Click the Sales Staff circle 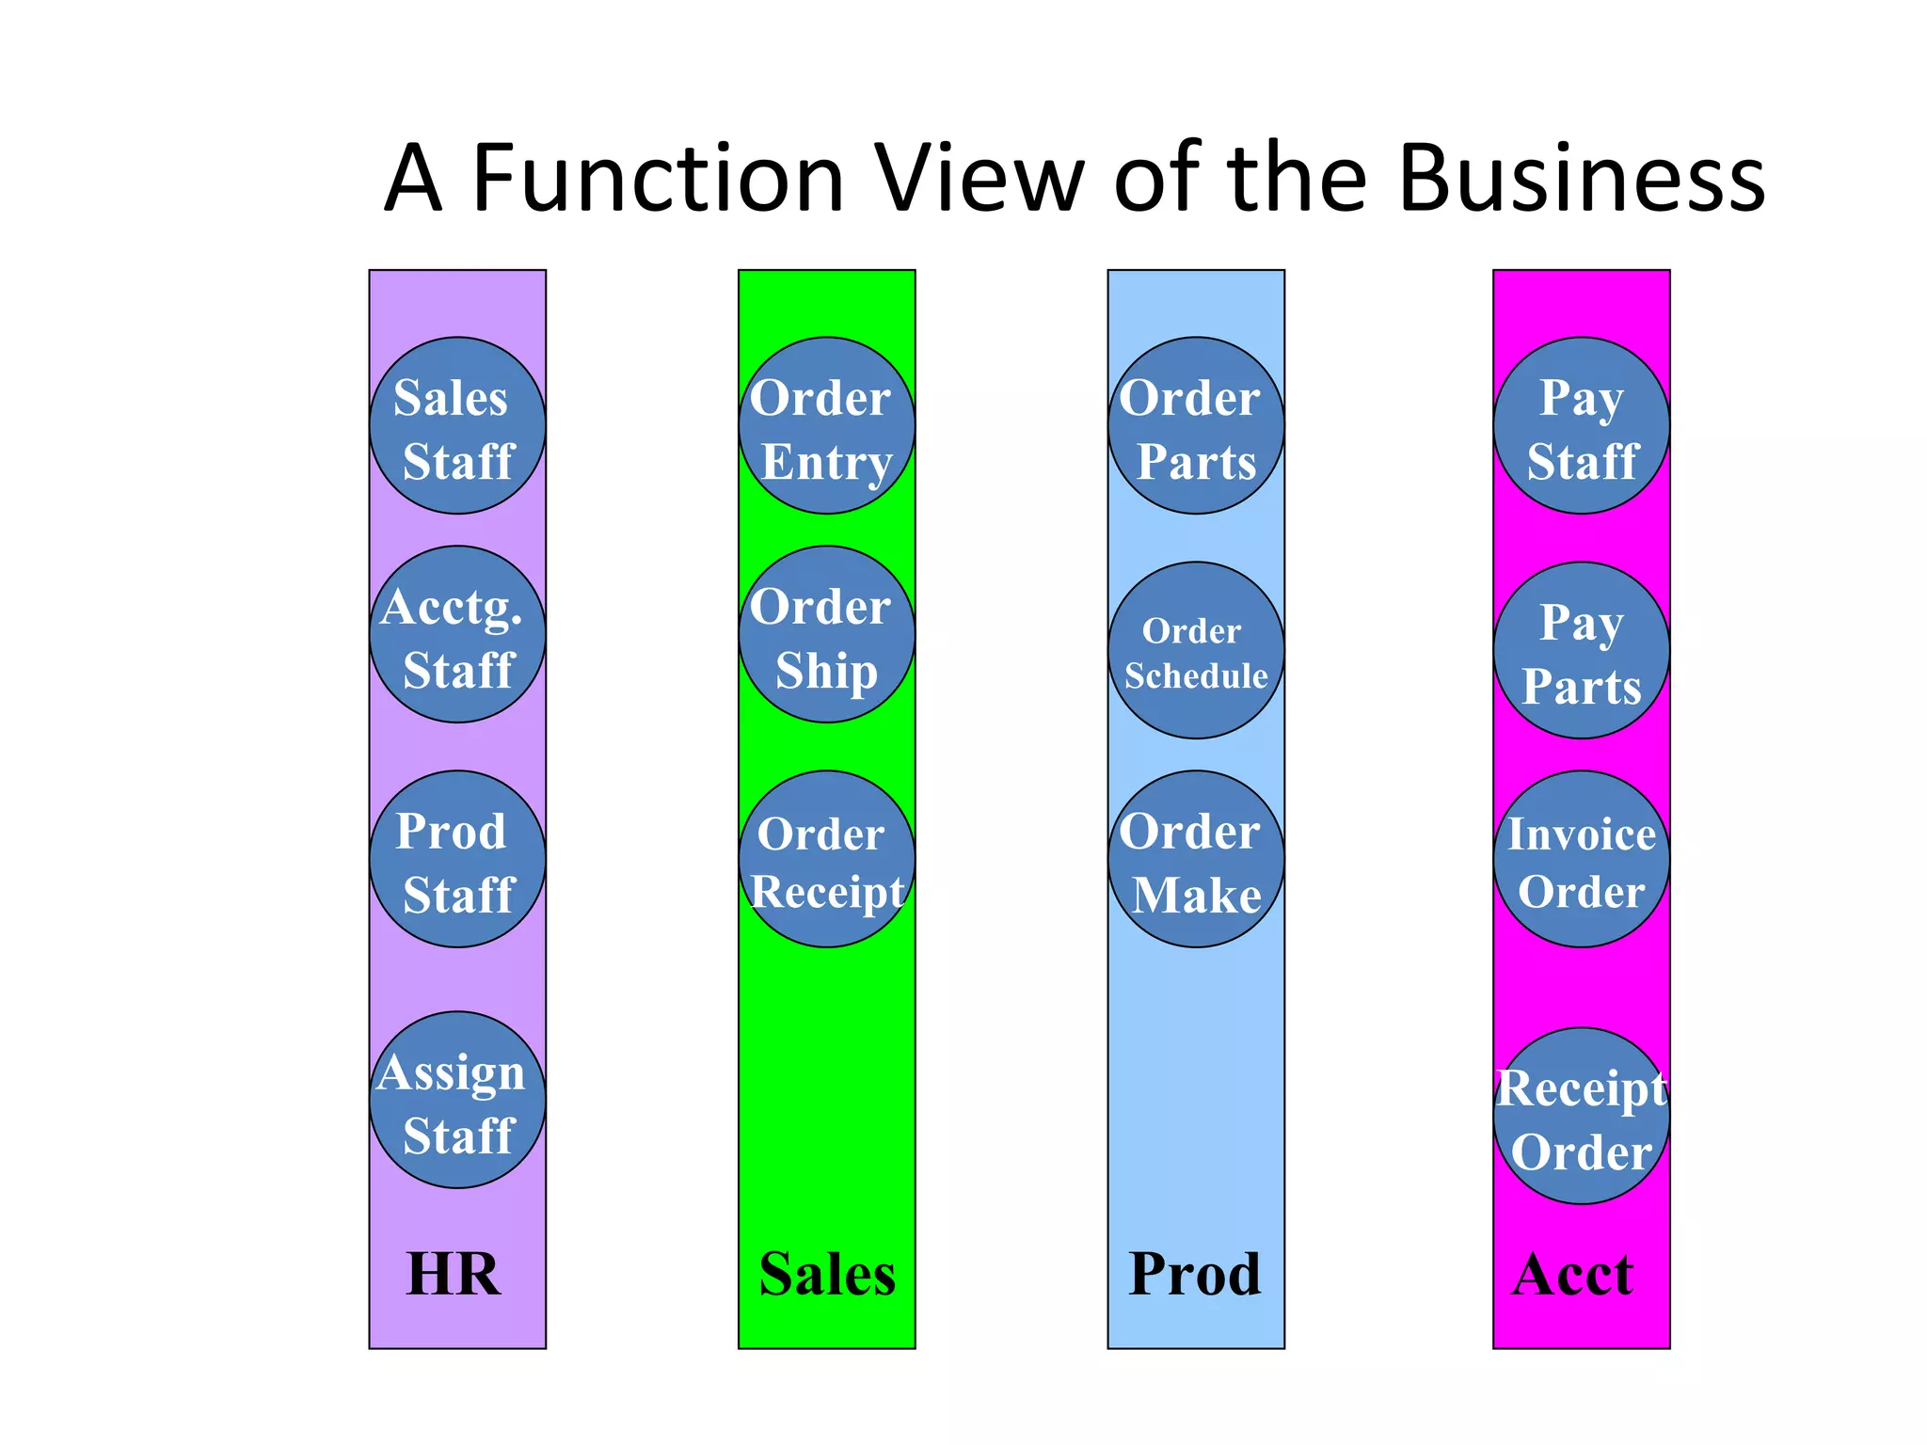coord(457,425)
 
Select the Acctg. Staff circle coord(457,634)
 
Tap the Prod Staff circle coord(457,859)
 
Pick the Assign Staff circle coord(457,1100)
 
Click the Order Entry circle coord(826,425)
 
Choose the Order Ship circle coord(826,634)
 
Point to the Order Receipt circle coord(826,859)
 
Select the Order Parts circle coord(1196,425)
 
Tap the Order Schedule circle coord(1196,650)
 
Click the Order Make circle coord(1196,859)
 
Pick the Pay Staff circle coord(1581,425)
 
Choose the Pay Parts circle coord(1581,650)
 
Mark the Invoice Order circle coord(1581,859)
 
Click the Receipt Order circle coord(1581,1116)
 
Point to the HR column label coord(453,1275)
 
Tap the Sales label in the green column coord(827,1275)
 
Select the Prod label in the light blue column coord(1194,1275)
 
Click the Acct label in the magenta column coord(1572,1275)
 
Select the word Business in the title coord(1581,179)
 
